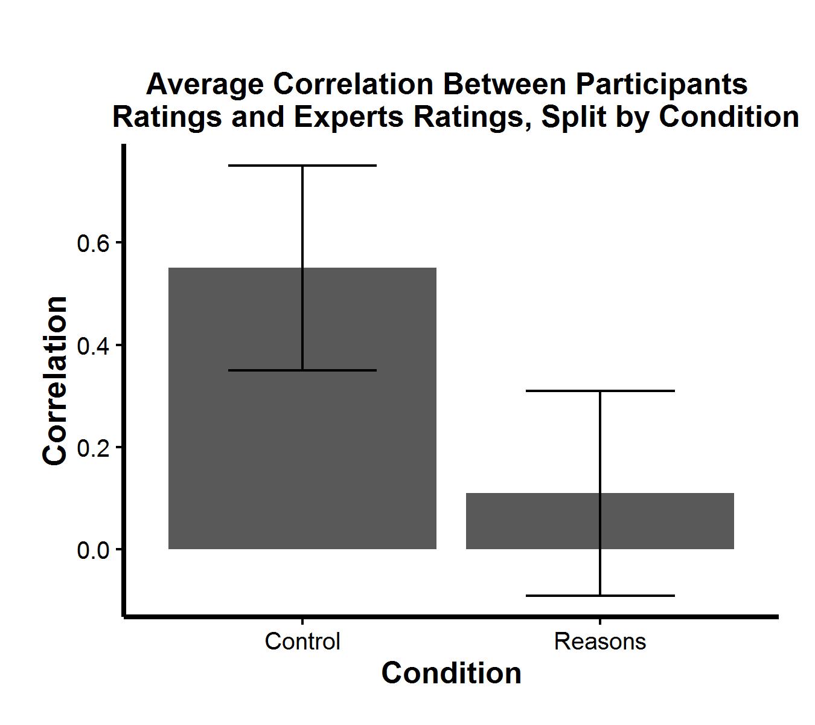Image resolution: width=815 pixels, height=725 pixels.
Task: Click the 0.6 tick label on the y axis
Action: click(92, 243)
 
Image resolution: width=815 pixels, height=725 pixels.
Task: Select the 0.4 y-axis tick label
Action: click(92, 346)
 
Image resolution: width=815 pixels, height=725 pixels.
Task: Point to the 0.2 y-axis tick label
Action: click(92, 448)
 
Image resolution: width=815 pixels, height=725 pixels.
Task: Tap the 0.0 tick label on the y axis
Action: click(92, 550)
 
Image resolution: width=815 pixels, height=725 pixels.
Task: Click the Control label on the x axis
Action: click(302, 641)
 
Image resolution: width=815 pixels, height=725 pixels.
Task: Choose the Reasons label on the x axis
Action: click(600, 641)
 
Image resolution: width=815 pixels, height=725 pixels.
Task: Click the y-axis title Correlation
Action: click(55, 381)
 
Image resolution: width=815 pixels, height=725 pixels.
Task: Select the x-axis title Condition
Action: click(451, 673)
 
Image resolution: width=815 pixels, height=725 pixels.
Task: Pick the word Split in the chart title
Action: click(574, 117)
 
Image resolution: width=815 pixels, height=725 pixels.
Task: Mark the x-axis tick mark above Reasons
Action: click(600, 621)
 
